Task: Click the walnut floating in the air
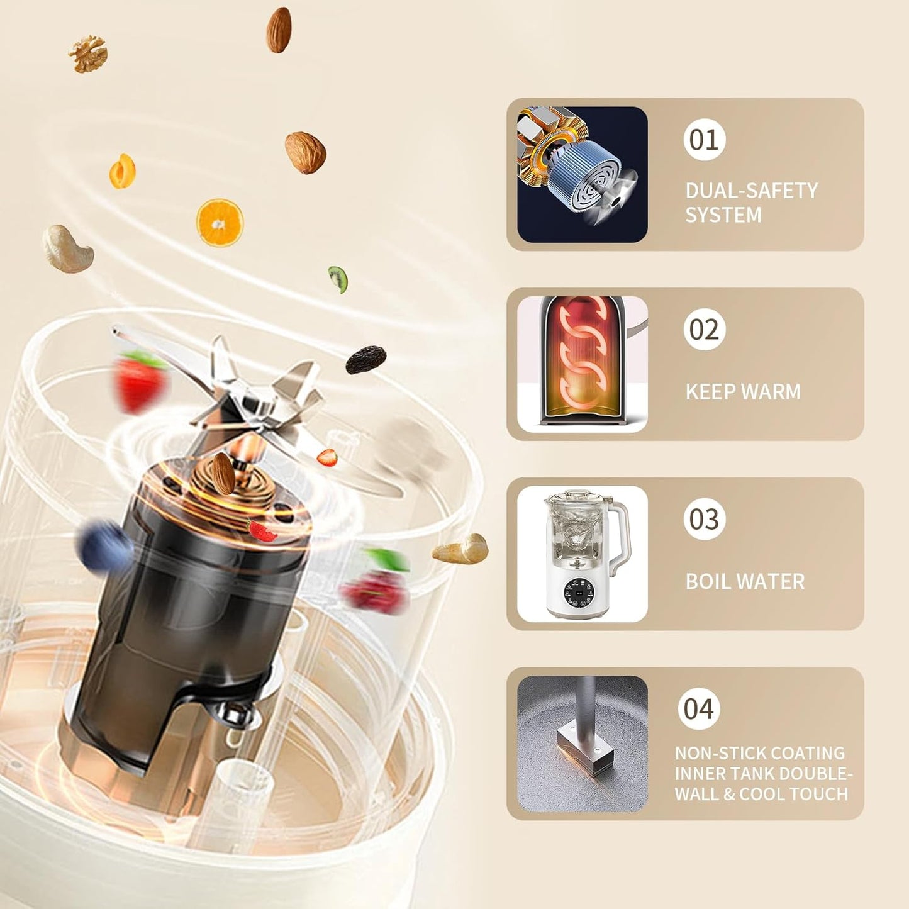coord(87,53)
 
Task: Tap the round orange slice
coord(220,222)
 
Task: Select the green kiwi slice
coord(338,279)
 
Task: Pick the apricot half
coord(122,171)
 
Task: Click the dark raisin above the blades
coord(365,359)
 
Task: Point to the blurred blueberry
coord(104,545)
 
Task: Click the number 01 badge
coord(705,140)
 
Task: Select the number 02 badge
coord(705,329)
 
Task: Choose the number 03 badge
coord(705,519)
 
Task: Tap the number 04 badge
coord(699,708)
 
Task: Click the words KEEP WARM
coord(743,391)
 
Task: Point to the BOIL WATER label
coord(745,581)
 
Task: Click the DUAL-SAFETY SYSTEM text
coord(752,203)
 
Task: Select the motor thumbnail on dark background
coord(582,174)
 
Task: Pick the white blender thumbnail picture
coord(582,554)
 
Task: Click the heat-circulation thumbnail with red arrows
coord(582,364)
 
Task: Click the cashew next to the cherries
coord(460,549)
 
